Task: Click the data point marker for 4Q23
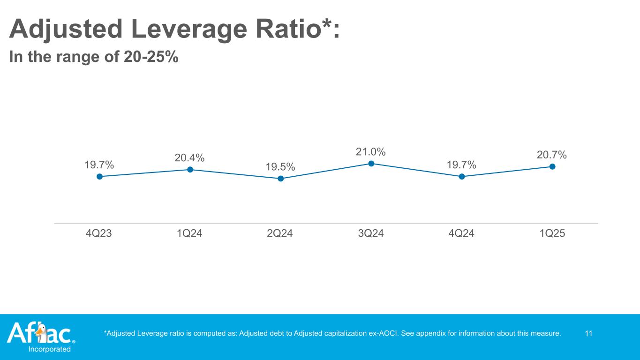(99, 176)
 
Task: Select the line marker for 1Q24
(190, 170)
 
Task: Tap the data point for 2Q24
(280, 179)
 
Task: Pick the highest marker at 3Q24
(371, 164)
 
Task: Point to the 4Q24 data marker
(462, 176)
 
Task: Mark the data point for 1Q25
(552, 166)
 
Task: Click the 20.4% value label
(189, 158)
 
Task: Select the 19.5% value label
(280, 167)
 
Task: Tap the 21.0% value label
(371, 152)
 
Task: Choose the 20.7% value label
(552, 155)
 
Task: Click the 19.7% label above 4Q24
(461, 165)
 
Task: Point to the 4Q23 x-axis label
(99, 233)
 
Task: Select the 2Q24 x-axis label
(280, 233)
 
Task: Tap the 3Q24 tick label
(370, 233)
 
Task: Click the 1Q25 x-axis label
(552, 233)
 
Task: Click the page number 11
(589, 334)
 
